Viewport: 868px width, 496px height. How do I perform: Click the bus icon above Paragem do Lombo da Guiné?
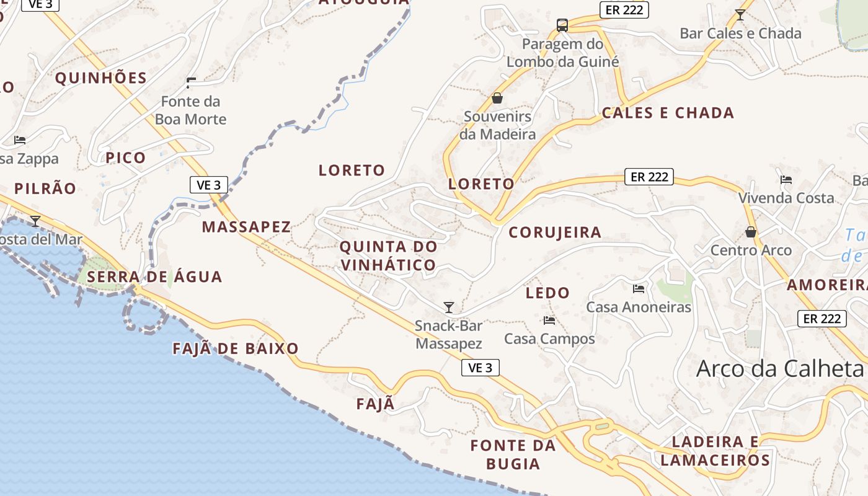(562, 25)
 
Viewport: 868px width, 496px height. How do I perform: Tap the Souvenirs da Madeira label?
(497, 125)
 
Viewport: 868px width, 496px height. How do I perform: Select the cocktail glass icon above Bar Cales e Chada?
(740, 15)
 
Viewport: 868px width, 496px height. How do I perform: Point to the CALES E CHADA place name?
(668, 113)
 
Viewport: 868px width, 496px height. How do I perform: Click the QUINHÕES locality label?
(101, 78)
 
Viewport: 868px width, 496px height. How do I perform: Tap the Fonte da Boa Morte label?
(190, 110)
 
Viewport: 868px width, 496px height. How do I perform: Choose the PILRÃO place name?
(45, 188)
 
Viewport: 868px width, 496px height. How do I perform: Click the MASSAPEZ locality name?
(246, 227)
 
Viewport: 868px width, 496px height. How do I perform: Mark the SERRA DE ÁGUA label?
(154, 277)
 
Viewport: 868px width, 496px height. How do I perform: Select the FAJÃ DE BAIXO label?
(236, 348)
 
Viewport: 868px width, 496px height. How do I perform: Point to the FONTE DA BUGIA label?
(513, 454)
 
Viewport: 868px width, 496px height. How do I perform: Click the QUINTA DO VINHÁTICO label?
(388, 255)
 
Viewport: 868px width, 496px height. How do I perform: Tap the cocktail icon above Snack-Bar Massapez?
(449, 308)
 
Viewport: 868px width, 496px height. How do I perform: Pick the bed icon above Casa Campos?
(549, 321)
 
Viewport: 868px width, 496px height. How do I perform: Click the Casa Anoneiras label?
(639, 307)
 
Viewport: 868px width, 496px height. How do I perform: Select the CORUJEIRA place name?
(555, 232)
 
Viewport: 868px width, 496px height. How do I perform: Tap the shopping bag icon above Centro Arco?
(751, 232)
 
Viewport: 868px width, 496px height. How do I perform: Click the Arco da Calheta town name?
(780, 368)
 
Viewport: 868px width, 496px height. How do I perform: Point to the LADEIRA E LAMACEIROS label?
(715, 451)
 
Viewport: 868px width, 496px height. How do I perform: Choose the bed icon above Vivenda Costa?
(786, 180)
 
